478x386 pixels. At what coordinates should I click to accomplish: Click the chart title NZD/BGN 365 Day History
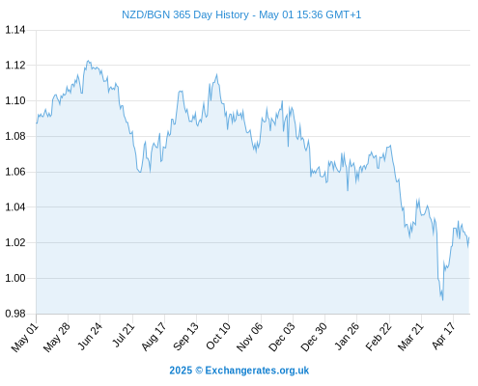185,14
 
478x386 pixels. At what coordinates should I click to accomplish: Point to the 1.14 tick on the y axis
15,30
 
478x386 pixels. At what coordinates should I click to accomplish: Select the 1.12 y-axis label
15,66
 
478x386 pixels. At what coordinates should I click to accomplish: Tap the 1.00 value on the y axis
15,278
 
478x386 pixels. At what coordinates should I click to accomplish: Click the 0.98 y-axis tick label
15,314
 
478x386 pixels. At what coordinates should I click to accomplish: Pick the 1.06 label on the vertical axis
15,172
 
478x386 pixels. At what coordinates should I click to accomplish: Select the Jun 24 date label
90,336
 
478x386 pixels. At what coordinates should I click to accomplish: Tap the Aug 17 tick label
154,337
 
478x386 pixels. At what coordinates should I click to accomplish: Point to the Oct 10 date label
218,336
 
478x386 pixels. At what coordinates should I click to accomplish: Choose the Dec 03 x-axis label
282,337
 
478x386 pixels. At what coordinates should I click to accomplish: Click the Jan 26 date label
347,336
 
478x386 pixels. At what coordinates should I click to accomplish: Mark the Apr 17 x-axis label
443,336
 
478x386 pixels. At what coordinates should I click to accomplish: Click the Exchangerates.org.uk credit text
257,371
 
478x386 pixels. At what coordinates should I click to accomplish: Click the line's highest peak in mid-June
88,61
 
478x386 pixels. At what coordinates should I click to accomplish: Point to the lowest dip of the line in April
443,300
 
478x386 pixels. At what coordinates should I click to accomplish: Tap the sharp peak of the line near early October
216,74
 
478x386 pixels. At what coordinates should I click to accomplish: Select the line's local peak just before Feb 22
390,146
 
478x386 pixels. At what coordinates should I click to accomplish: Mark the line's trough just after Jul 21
140,172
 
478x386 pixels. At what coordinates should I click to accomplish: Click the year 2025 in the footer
181,371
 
